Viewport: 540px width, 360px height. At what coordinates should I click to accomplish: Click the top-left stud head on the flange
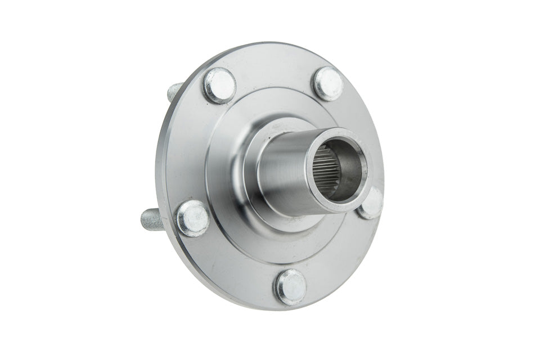[x=219, y=84]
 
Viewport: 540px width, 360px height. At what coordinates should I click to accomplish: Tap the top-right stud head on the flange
[x=327, y=83]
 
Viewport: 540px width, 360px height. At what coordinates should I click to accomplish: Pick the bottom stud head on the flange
[x=291, y=286]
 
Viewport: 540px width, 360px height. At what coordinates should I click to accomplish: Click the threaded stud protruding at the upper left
[x=175, y=91]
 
